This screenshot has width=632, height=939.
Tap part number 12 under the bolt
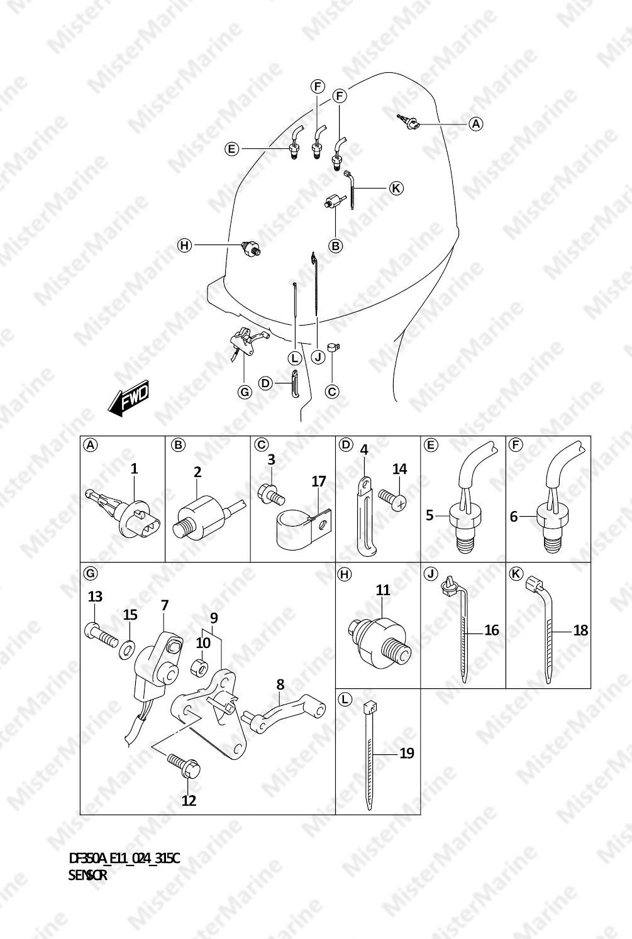pos(189,800)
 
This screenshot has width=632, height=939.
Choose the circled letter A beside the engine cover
pos(475,124)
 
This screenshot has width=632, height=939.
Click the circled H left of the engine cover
pos(184,245)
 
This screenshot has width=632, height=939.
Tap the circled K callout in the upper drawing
pos(396,188)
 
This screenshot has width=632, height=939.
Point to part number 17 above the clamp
pos(318,481)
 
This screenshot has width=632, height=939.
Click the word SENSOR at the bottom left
pos(87,876)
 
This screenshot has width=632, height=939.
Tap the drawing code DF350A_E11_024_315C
pos(124,859)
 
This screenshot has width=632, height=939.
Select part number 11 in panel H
pos(383,590)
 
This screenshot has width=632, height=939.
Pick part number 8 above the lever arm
pos(280,684)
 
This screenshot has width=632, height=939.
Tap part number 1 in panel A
pos(134,469)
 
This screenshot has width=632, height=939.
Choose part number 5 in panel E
pos(430,515)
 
